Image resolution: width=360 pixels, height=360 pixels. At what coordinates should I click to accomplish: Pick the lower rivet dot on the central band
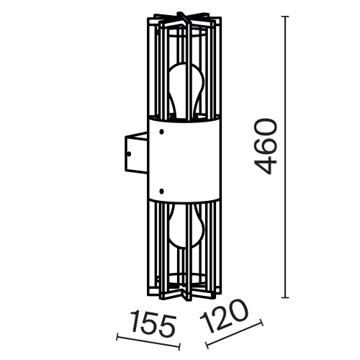tap(163, 189)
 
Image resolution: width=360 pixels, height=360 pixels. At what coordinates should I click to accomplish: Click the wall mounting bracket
tap(134, 153)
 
